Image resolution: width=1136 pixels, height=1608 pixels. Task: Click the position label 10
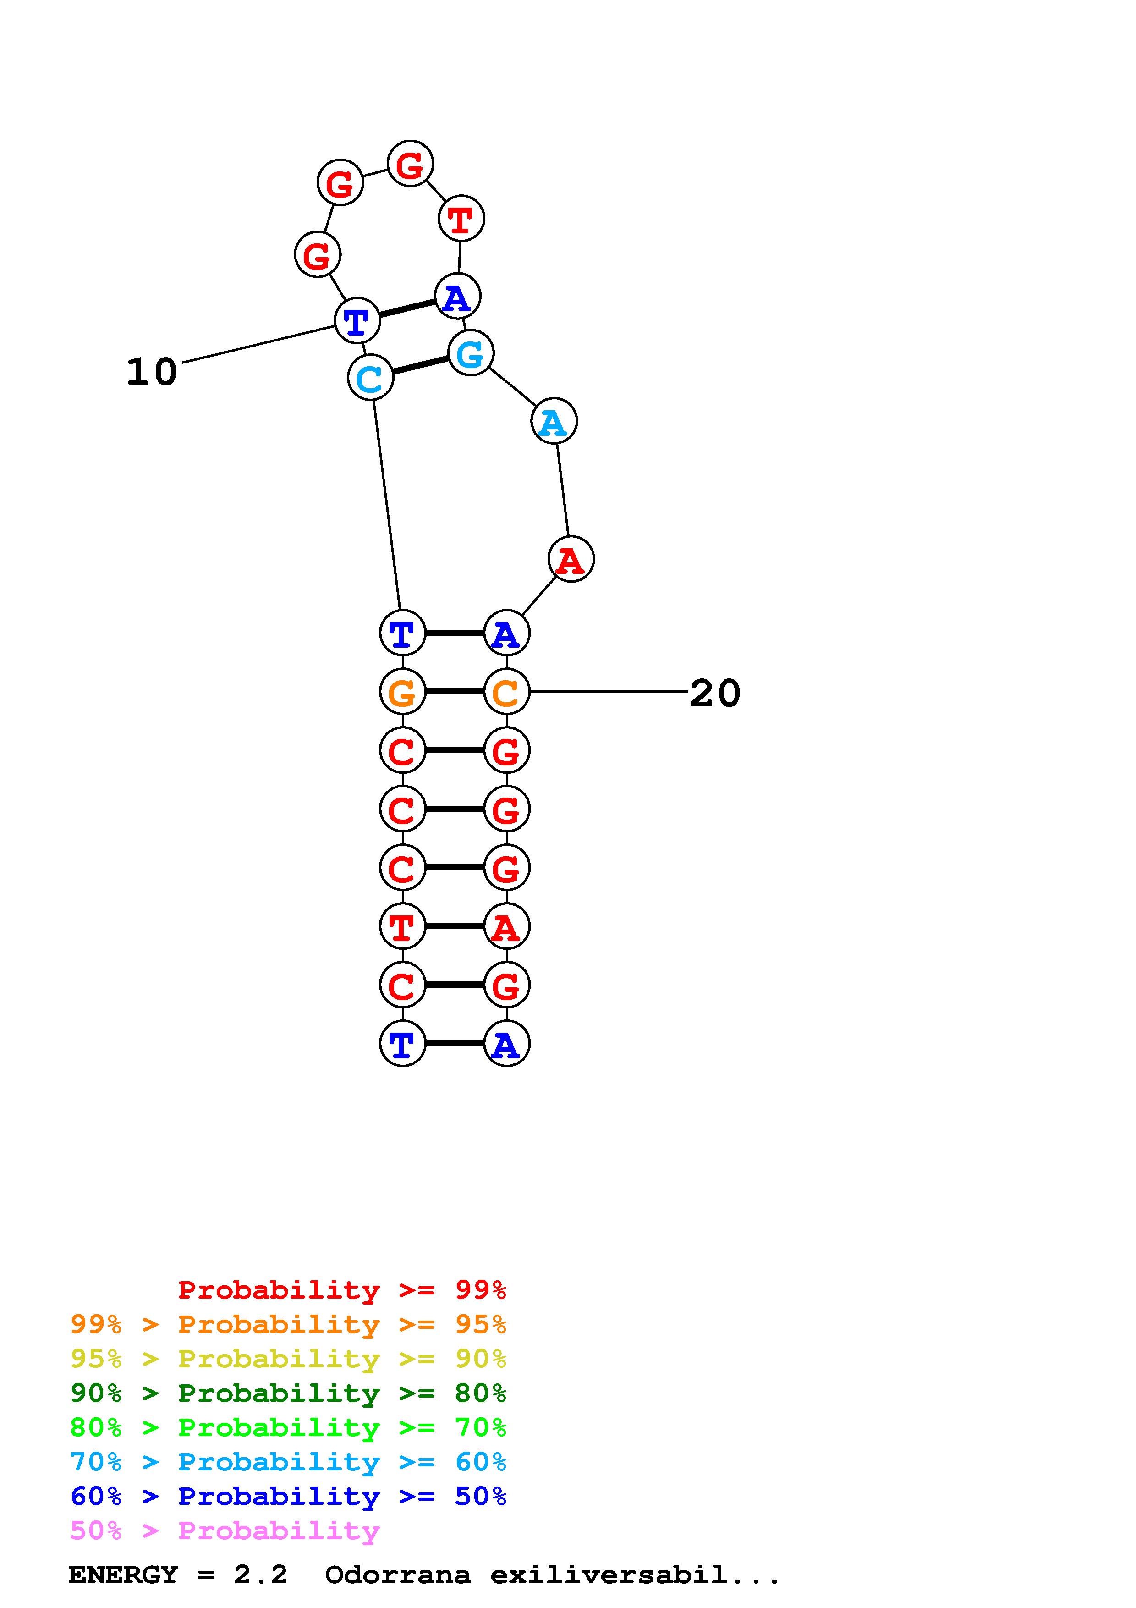pos(151,372)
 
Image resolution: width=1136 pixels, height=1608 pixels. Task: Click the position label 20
pos(714,694)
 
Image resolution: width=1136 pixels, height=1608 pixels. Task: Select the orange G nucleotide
pos(402,692)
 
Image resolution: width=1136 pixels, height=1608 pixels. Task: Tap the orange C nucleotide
pos(506,692)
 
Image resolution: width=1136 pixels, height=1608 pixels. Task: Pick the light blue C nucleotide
pos(370,378)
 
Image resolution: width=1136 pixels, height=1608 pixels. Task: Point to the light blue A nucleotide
pos(554,422)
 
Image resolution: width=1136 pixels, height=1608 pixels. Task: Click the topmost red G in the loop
pos(410,164)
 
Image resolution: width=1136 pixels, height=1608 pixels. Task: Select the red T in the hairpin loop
pos(461,219)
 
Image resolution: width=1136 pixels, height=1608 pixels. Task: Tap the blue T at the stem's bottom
pos(402,1044)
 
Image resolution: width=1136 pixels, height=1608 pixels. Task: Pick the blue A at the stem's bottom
pos(506,1044)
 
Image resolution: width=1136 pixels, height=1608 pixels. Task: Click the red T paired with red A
pos(402,926)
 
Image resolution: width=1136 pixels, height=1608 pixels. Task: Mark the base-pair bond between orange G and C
pos(454,692)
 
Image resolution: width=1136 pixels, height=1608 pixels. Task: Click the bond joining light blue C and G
pos(420,366)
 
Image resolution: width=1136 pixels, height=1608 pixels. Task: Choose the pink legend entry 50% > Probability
pos(225,1531)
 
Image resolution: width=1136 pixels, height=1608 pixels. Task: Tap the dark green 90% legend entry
pos(288,1393)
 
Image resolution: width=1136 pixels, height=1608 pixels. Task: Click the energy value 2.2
pos(260,1575)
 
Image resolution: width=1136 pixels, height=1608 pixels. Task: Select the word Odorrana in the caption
pos(398,1575)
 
